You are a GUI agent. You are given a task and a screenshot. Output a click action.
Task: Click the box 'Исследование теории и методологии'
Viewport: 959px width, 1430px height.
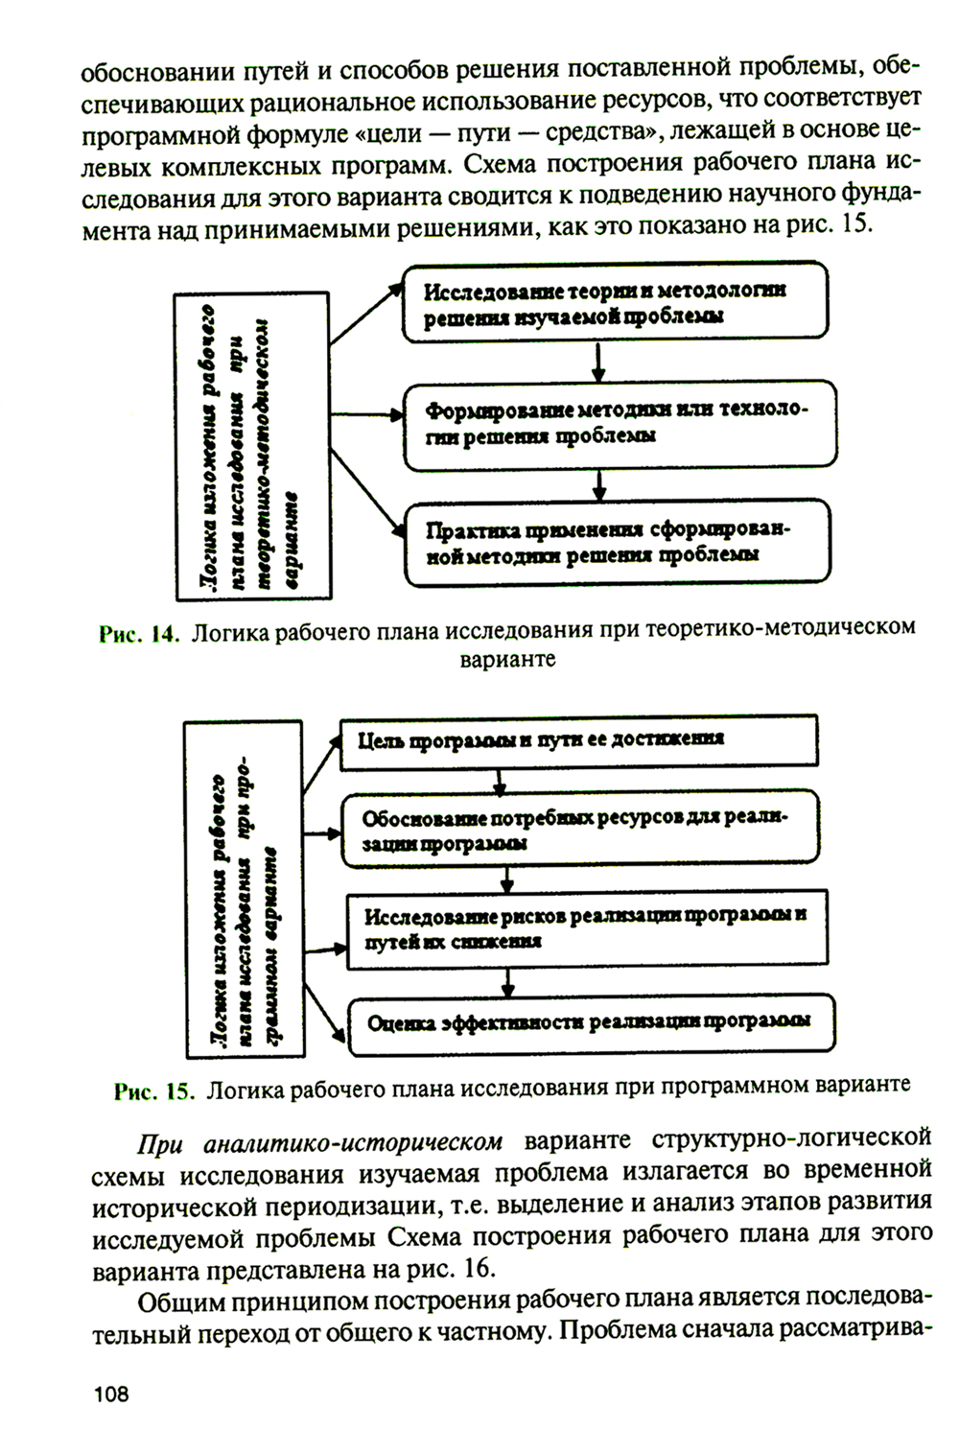coord(614,302)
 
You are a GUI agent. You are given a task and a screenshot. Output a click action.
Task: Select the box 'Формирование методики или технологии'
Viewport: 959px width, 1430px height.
coord(619,423)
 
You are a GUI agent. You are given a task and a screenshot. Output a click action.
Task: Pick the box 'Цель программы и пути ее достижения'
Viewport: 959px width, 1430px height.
coord(579,739)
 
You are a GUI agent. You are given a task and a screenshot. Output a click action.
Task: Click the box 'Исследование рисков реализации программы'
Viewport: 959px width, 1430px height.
coord(586,927)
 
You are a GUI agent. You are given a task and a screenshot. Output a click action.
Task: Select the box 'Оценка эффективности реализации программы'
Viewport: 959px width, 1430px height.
coord(590,1022)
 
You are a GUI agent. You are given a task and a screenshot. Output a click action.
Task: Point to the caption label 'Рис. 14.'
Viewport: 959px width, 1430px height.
coord(139,634)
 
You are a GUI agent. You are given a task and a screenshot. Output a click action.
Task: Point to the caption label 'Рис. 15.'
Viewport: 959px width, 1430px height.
coord(154,1090)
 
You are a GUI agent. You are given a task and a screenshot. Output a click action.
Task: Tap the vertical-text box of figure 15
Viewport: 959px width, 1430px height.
coord(244,889)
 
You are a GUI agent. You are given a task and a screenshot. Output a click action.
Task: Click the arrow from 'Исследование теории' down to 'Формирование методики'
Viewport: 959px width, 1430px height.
coord(599,362)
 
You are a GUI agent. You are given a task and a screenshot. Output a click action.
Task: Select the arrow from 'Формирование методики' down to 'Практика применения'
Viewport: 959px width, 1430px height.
coord(599,484)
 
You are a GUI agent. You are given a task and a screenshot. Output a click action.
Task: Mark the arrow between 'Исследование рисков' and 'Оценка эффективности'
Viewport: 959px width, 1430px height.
coord(507,981)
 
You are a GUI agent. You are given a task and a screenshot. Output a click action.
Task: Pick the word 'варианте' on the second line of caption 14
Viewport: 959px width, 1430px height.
coord(507,660)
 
